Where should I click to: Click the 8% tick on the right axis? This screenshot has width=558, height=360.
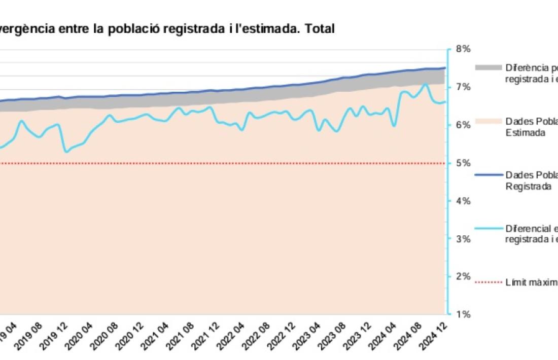(463, 49)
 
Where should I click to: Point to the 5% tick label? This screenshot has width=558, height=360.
(463, 163)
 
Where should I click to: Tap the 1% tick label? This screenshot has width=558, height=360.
(463, 314)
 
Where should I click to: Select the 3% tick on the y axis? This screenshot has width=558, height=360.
(463, 239)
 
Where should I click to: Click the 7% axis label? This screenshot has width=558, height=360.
(463, 87)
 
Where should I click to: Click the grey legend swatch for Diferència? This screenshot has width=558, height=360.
(488, 67)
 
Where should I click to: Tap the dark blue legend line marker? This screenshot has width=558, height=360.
(488, 175)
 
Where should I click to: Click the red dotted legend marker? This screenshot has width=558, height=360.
(488, 281)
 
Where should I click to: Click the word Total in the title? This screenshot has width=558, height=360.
(320, 29)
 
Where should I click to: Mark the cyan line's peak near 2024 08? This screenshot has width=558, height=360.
(425, 84)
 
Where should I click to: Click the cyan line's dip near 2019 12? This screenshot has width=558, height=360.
(66, 152)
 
